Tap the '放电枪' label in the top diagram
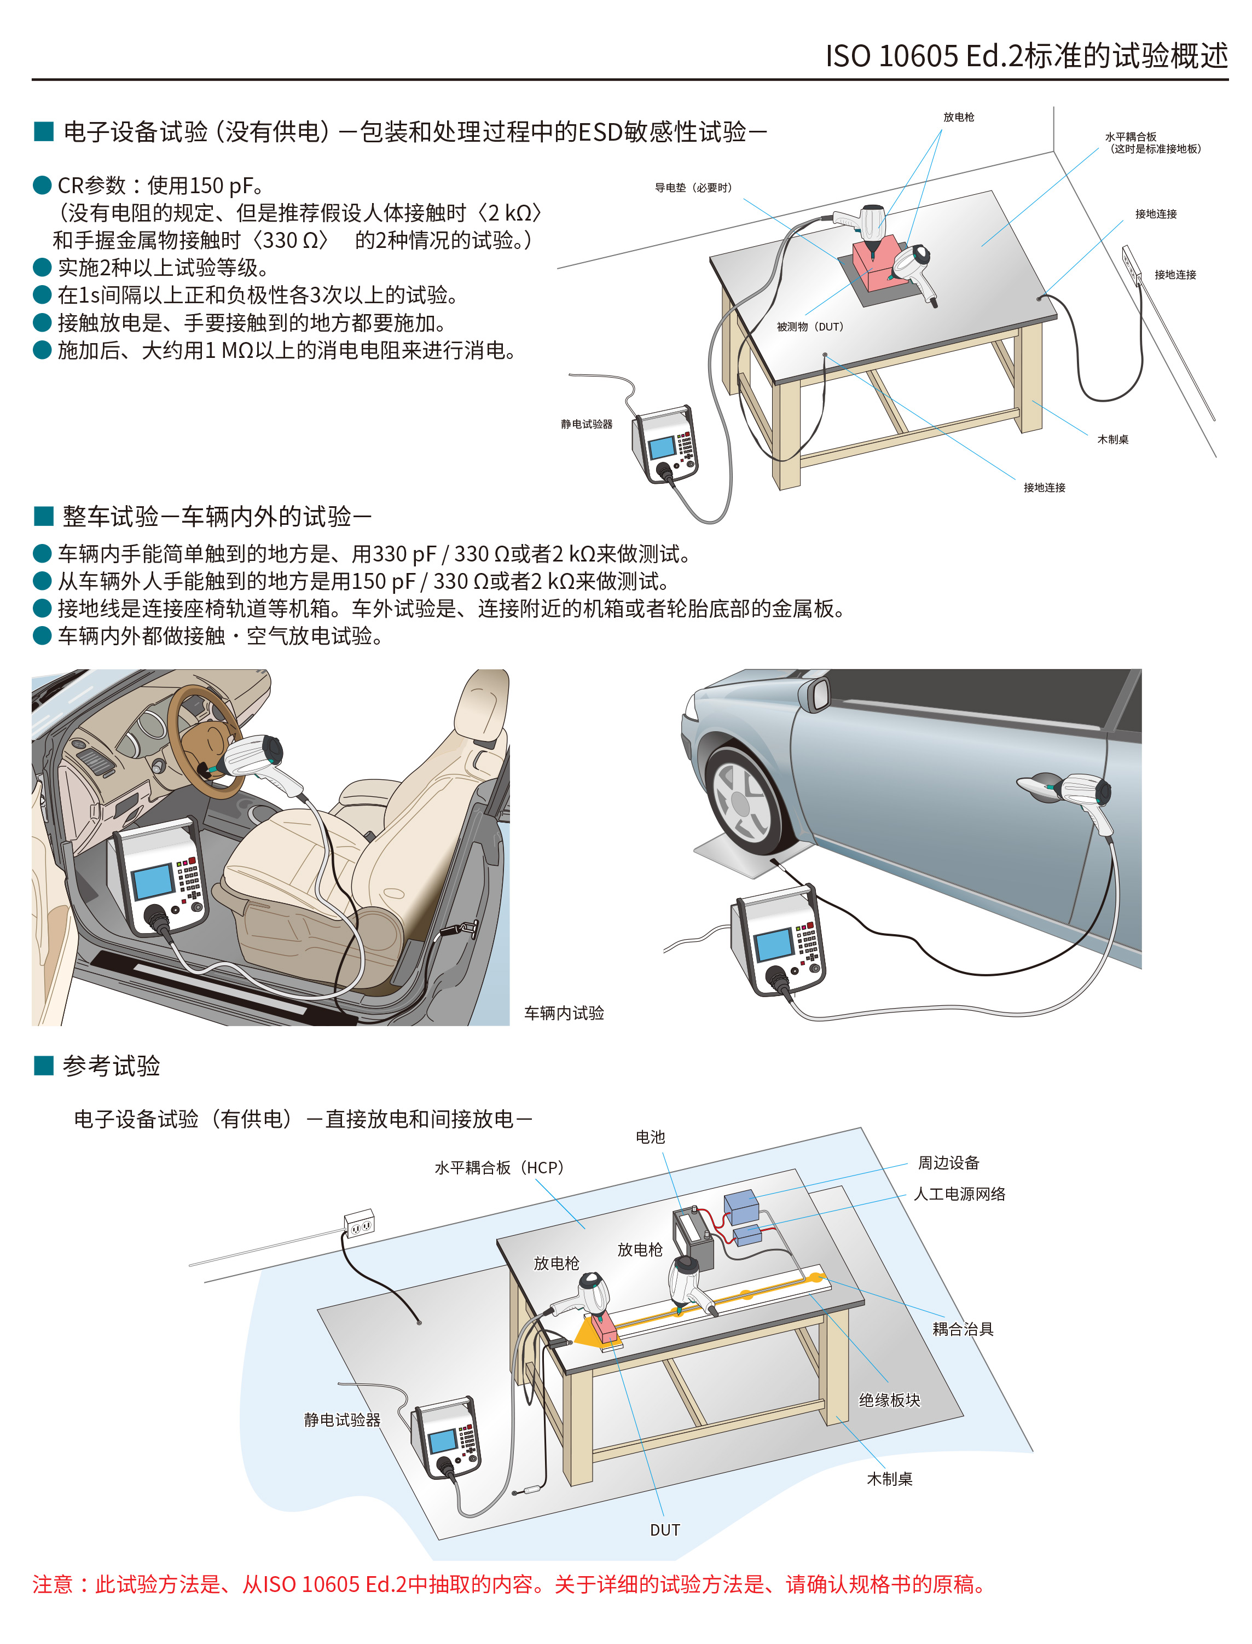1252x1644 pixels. [958, 117]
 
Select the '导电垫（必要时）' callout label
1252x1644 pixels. [693, 188]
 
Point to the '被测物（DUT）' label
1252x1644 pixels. [809, 326]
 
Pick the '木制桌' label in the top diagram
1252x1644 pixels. [1112, 439]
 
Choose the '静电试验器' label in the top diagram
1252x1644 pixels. [587, 424]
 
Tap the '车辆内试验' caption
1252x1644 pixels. [564, 1013]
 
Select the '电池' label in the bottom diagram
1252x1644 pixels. [650, 1137]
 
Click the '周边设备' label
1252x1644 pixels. [948, 1162]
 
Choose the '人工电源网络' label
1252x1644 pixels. [959, 1194]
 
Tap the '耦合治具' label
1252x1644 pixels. [963, 1329]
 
